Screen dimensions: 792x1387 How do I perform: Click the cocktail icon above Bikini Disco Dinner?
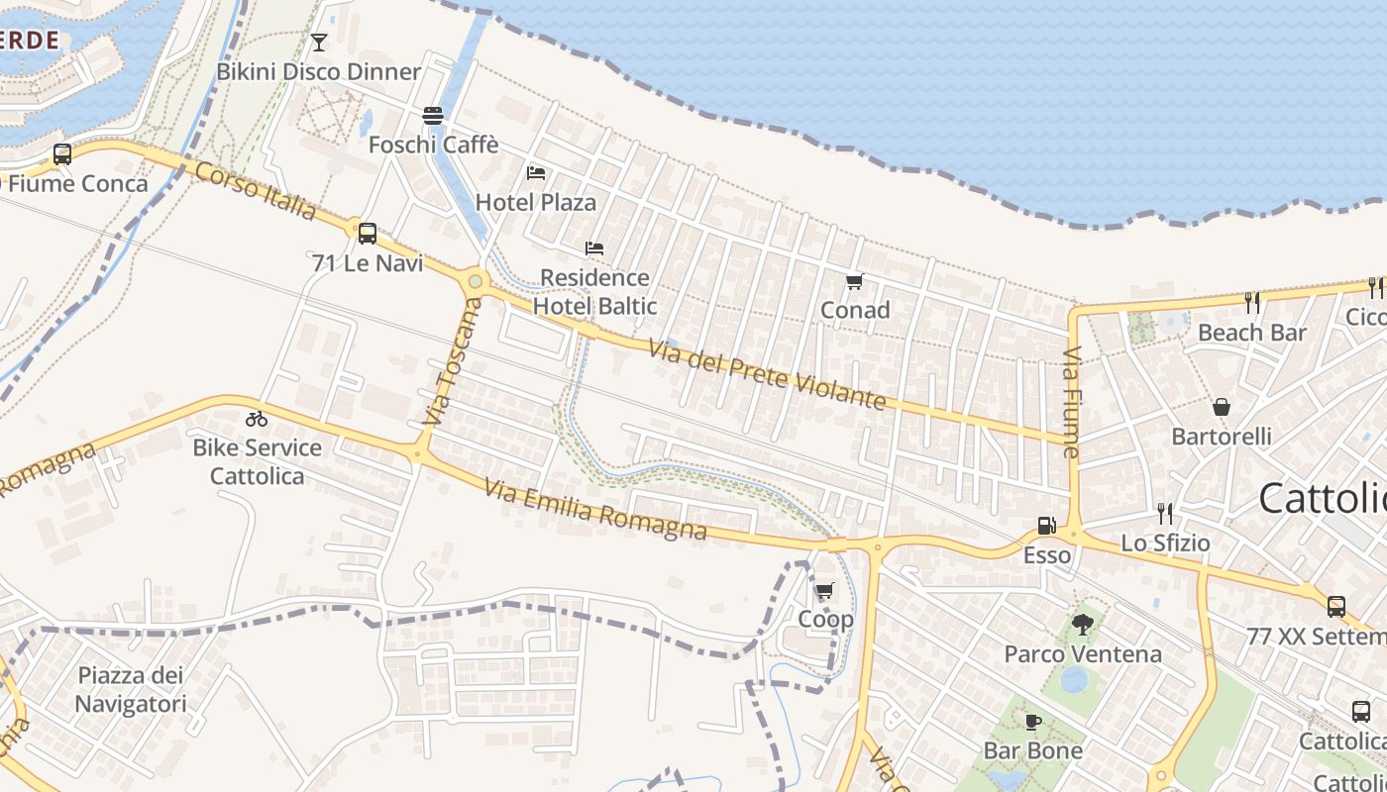pos(318,42)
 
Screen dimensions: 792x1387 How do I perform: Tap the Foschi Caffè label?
pos(433,145)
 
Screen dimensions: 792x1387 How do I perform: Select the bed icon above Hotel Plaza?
pos(536,172)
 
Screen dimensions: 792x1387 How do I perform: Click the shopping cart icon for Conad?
pos(855,280)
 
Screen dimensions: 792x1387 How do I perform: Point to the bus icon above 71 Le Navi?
pos(368,234)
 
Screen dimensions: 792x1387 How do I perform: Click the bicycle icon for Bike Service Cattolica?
pos(257,419)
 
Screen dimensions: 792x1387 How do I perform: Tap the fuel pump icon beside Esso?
pos(1046,526)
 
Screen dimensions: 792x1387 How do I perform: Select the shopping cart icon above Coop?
pos(824,591)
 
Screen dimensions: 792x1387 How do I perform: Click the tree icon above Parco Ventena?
pos(1082,625)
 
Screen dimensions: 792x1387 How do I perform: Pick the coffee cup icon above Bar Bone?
pos(1032,722)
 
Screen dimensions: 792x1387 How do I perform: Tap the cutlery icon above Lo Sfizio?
pos(1165,513)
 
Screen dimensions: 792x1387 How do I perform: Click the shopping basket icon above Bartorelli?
pos(1222,407)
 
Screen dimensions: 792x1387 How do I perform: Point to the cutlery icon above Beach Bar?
pos(1252,303)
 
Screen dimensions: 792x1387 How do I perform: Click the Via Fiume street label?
pos(1071,401)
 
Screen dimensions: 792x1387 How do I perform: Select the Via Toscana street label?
pos(450,362)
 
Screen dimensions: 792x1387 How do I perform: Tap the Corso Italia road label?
pos(256,191)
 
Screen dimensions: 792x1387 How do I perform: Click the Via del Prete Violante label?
pos(767,375)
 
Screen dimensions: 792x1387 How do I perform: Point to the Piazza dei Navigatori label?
pos(131,690)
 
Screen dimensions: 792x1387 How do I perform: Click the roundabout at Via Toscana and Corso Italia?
pos(476,281)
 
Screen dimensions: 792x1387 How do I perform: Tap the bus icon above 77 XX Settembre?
pos(1335,606)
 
